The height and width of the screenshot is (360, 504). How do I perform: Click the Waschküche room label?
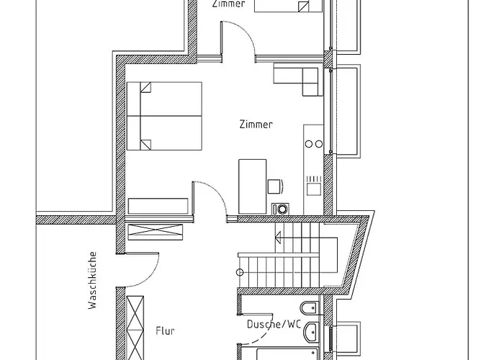click(93, 280)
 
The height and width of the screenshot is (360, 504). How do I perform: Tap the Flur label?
click(165, 330)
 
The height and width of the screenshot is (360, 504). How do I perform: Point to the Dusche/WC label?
click(274, 324)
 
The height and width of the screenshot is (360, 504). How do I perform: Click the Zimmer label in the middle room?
click(256, 124)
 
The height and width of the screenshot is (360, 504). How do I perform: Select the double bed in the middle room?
click(165, 116)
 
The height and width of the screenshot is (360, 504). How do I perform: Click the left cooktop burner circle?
click(309, 144)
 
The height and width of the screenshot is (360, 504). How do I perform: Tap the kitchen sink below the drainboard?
click(314, 189)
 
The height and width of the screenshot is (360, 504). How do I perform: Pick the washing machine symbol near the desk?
click(280, 209)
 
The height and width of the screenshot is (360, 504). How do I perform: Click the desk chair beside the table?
click(275, 186)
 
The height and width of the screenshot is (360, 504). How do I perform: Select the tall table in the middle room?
click(252, 186)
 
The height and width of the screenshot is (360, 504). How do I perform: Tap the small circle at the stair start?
click(240, 273)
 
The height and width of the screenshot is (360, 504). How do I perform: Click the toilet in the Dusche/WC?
click(309, 309)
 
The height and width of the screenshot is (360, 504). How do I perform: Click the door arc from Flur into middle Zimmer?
click(217, 192)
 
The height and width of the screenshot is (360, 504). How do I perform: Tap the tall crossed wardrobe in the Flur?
click(135, 328)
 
